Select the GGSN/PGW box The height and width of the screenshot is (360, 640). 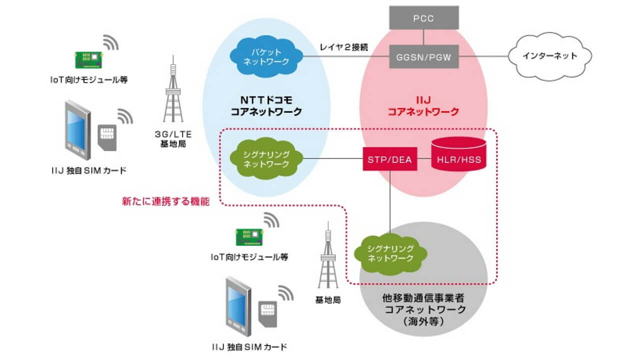click(423, 56)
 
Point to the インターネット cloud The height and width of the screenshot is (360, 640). click(550, 56)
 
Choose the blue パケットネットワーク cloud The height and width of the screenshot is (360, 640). click(266, 56)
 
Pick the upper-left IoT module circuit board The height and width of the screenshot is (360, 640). click(89, 58)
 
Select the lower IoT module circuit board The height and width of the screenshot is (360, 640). click(249, 237)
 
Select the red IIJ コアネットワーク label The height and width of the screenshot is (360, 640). click(423, 106)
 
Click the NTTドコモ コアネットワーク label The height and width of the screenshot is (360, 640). click(266, 106)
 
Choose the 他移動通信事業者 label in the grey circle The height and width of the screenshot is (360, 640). click(422, 298)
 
